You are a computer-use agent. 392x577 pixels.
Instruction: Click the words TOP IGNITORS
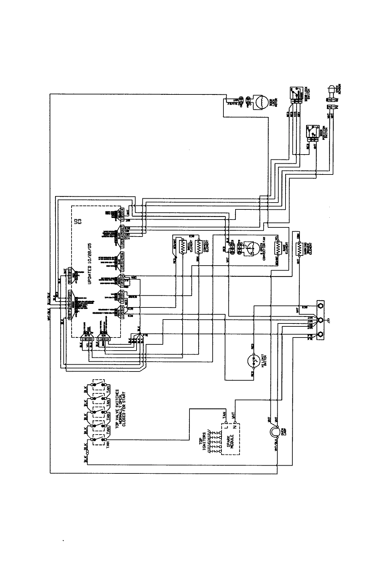[x=206, y=442]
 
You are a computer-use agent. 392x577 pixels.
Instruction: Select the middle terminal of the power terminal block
[x=320, y=320]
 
